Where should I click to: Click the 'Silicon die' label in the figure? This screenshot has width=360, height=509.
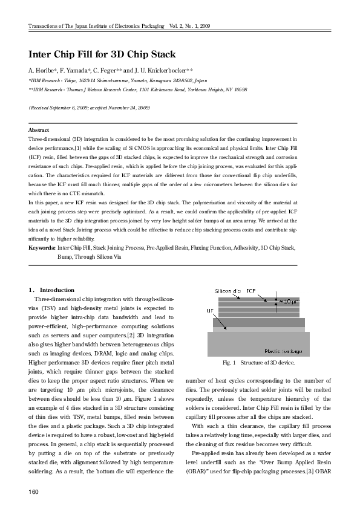tap(227, 291)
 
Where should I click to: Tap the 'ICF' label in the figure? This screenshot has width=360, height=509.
tap(250, 291)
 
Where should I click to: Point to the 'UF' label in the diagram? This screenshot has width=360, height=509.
tap(210, 310)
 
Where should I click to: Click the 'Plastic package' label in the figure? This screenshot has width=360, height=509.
tap(285, 351)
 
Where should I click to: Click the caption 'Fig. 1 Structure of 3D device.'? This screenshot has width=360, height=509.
tap(258, 363)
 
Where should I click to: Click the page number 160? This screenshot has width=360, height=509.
tap(34, 490)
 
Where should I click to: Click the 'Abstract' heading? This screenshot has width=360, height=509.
tap(39, 130)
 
